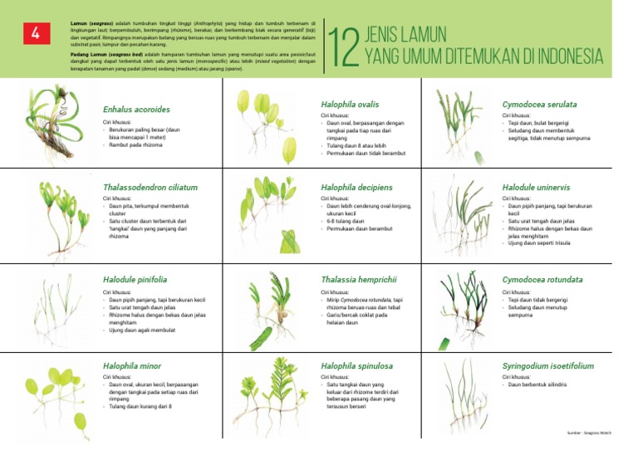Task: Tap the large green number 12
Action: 342,48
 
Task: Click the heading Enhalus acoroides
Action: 136,110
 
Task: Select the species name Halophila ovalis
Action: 350,105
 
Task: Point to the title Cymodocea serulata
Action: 539,105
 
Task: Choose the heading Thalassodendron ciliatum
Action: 150,188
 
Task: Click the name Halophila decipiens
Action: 356,188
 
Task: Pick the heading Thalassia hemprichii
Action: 359,280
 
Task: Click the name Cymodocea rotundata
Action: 542,280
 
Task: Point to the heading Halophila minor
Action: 132,365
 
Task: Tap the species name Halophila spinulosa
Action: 356,365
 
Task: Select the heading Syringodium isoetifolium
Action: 547,365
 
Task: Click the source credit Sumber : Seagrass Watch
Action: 590,433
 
